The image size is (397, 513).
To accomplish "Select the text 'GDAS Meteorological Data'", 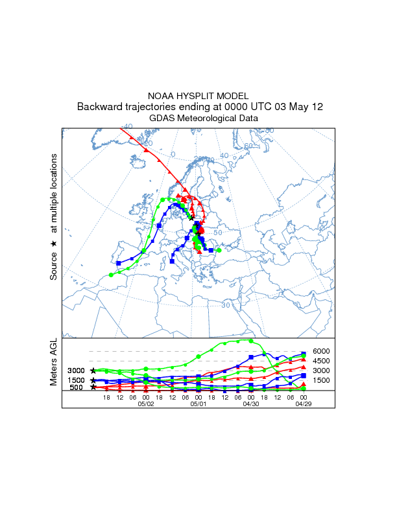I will click(x=198, y=119).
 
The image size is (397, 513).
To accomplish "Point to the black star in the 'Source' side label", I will click(x=53, y=244).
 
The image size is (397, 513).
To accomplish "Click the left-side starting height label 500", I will click(x=76, y=387).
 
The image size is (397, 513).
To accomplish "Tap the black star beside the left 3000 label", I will click(x=93, y=370).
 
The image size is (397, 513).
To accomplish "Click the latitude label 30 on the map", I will click(x=226, y=304).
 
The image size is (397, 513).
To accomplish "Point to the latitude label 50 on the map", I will click(x=217, y=233).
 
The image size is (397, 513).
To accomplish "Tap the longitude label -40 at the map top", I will click(x=126, y=127).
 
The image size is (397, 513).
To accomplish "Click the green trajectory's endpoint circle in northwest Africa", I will click(x=111, y=275).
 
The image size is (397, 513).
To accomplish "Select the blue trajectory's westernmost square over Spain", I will click(x=119, y=263).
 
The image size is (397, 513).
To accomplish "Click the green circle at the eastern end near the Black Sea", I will click(x=219, y=250).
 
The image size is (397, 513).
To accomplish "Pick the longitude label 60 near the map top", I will click(x=247, y=146).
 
